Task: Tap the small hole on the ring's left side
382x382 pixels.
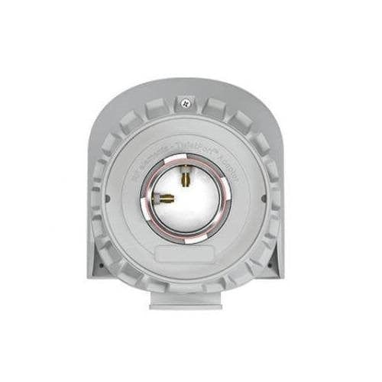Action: tap(107, 198)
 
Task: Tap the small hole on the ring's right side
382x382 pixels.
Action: tap(264, 198)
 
